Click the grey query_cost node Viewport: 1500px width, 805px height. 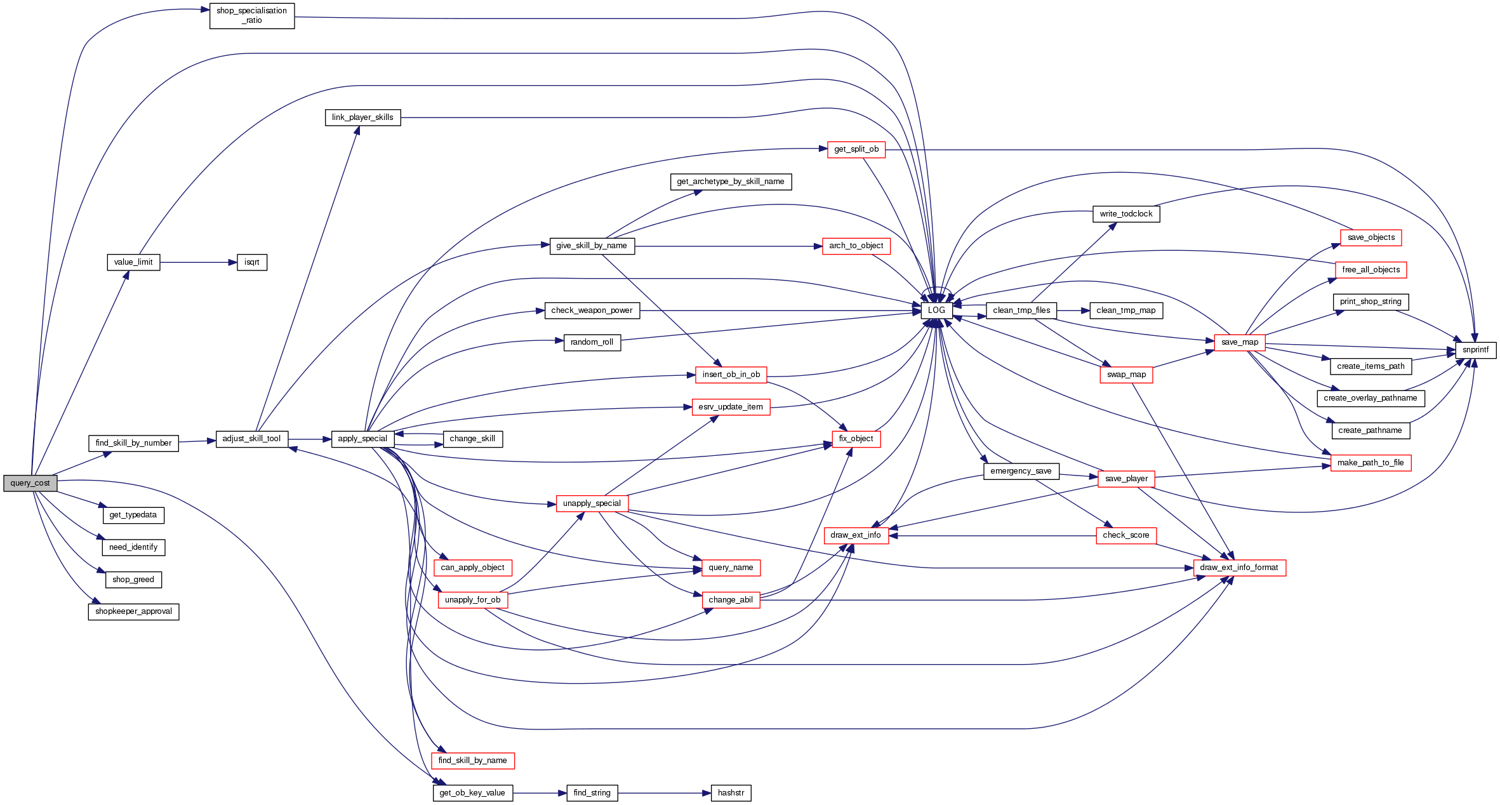coord(30,483)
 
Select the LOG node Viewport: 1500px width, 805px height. coord(936,310)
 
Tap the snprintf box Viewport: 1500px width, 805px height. coord(1475,350)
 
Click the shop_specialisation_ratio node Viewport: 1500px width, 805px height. coord(252,16)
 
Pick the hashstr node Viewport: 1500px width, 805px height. coord(731,793)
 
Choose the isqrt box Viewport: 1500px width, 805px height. coord(252,262)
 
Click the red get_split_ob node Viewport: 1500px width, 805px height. coord(856,150)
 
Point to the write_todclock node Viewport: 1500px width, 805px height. coord(1125,214)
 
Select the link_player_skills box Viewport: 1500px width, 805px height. coord(362,117)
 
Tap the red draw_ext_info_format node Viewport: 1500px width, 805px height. coord(1239,568)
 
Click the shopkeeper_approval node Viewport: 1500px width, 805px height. coord(133,612)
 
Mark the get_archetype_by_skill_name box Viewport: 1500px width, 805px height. coord(731,182)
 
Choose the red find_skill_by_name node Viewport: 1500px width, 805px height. coord(472,761)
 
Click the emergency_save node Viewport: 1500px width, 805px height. coord(1021,471)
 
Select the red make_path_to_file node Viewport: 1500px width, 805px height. coord(1371,463)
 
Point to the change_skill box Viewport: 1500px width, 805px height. coord(472,439)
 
